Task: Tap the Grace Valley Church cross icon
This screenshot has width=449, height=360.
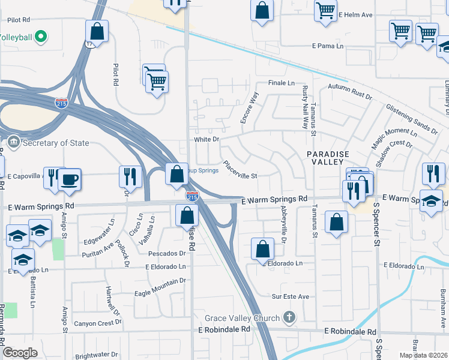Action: (x=289, y=317)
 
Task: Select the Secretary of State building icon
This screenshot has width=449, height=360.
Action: (x=13, y=143)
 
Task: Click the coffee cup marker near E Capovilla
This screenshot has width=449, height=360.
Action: (x=69, y=179)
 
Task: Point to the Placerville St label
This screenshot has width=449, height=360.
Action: (x=240, y=172)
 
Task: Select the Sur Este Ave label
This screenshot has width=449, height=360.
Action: (x=290, y=296)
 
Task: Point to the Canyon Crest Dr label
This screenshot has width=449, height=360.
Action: (x=98, y=323)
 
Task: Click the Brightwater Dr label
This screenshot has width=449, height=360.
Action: (x=98, y=355)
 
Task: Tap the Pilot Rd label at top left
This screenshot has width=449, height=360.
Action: (x=19, y=19)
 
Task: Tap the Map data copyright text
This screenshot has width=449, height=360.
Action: (x=423, y=355)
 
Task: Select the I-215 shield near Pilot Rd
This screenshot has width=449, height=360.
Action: (x=61, y=103)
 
